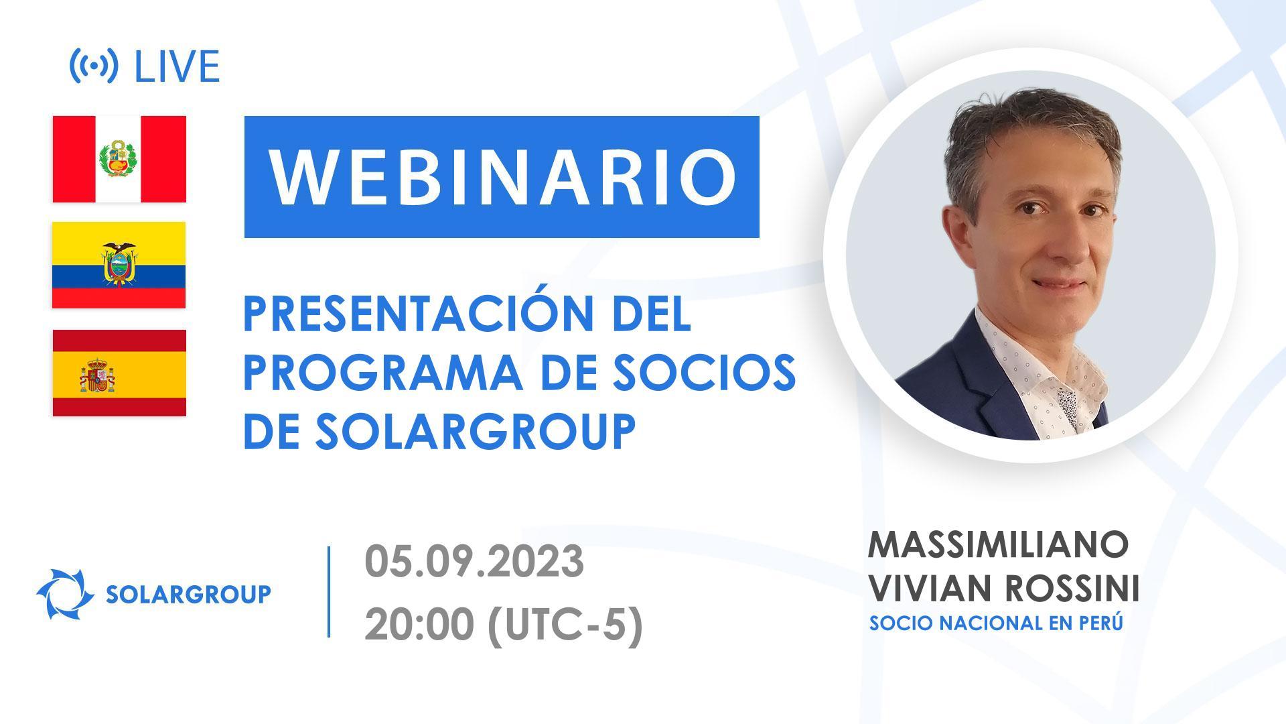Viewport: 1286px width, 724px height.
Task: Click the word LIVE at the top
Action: [x=177, y=66]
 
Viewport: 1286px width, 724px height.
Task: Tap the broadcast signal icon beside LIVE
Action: [x=94, y=66]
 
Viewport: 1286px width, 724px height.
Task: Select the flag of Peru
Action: [x=119, y=159]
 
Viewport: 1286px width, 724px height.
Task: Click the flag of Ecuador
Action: [x=119, y=265]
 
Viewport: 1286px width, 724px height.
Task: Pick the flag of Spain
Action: [x=119, y=373]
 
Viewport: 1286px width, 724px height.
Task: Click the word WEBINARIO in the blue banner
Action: [x=502, y=176]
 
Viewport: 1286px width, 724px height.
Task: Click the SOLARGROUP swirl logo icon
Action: [x=65, y=594]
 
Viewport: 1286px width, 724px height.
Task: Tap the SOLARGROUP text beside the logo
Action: [x=188, y=594]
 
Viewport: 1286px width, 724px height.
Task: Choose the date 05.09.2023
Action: [x=474, y=562]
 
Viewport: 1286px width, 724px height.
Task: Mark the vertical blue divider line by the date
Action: [x=329, y=591]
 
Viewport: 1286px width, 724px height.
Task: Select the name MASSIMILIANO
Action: [x=998, y=544]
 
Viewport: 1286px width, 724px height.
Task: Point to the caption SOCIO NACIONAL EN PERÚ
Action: [x=995, y=623]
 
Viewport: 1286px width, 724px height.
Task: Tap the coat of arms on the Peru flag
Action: [x=119, y=160]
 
